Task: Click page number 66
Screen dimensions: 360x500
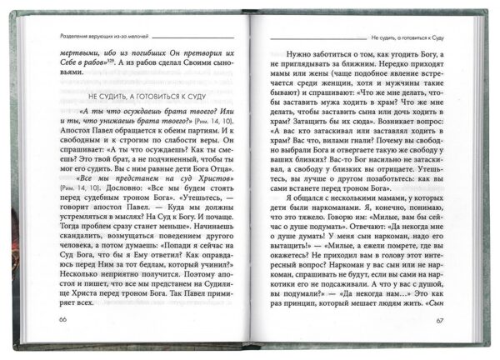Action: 62,321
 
